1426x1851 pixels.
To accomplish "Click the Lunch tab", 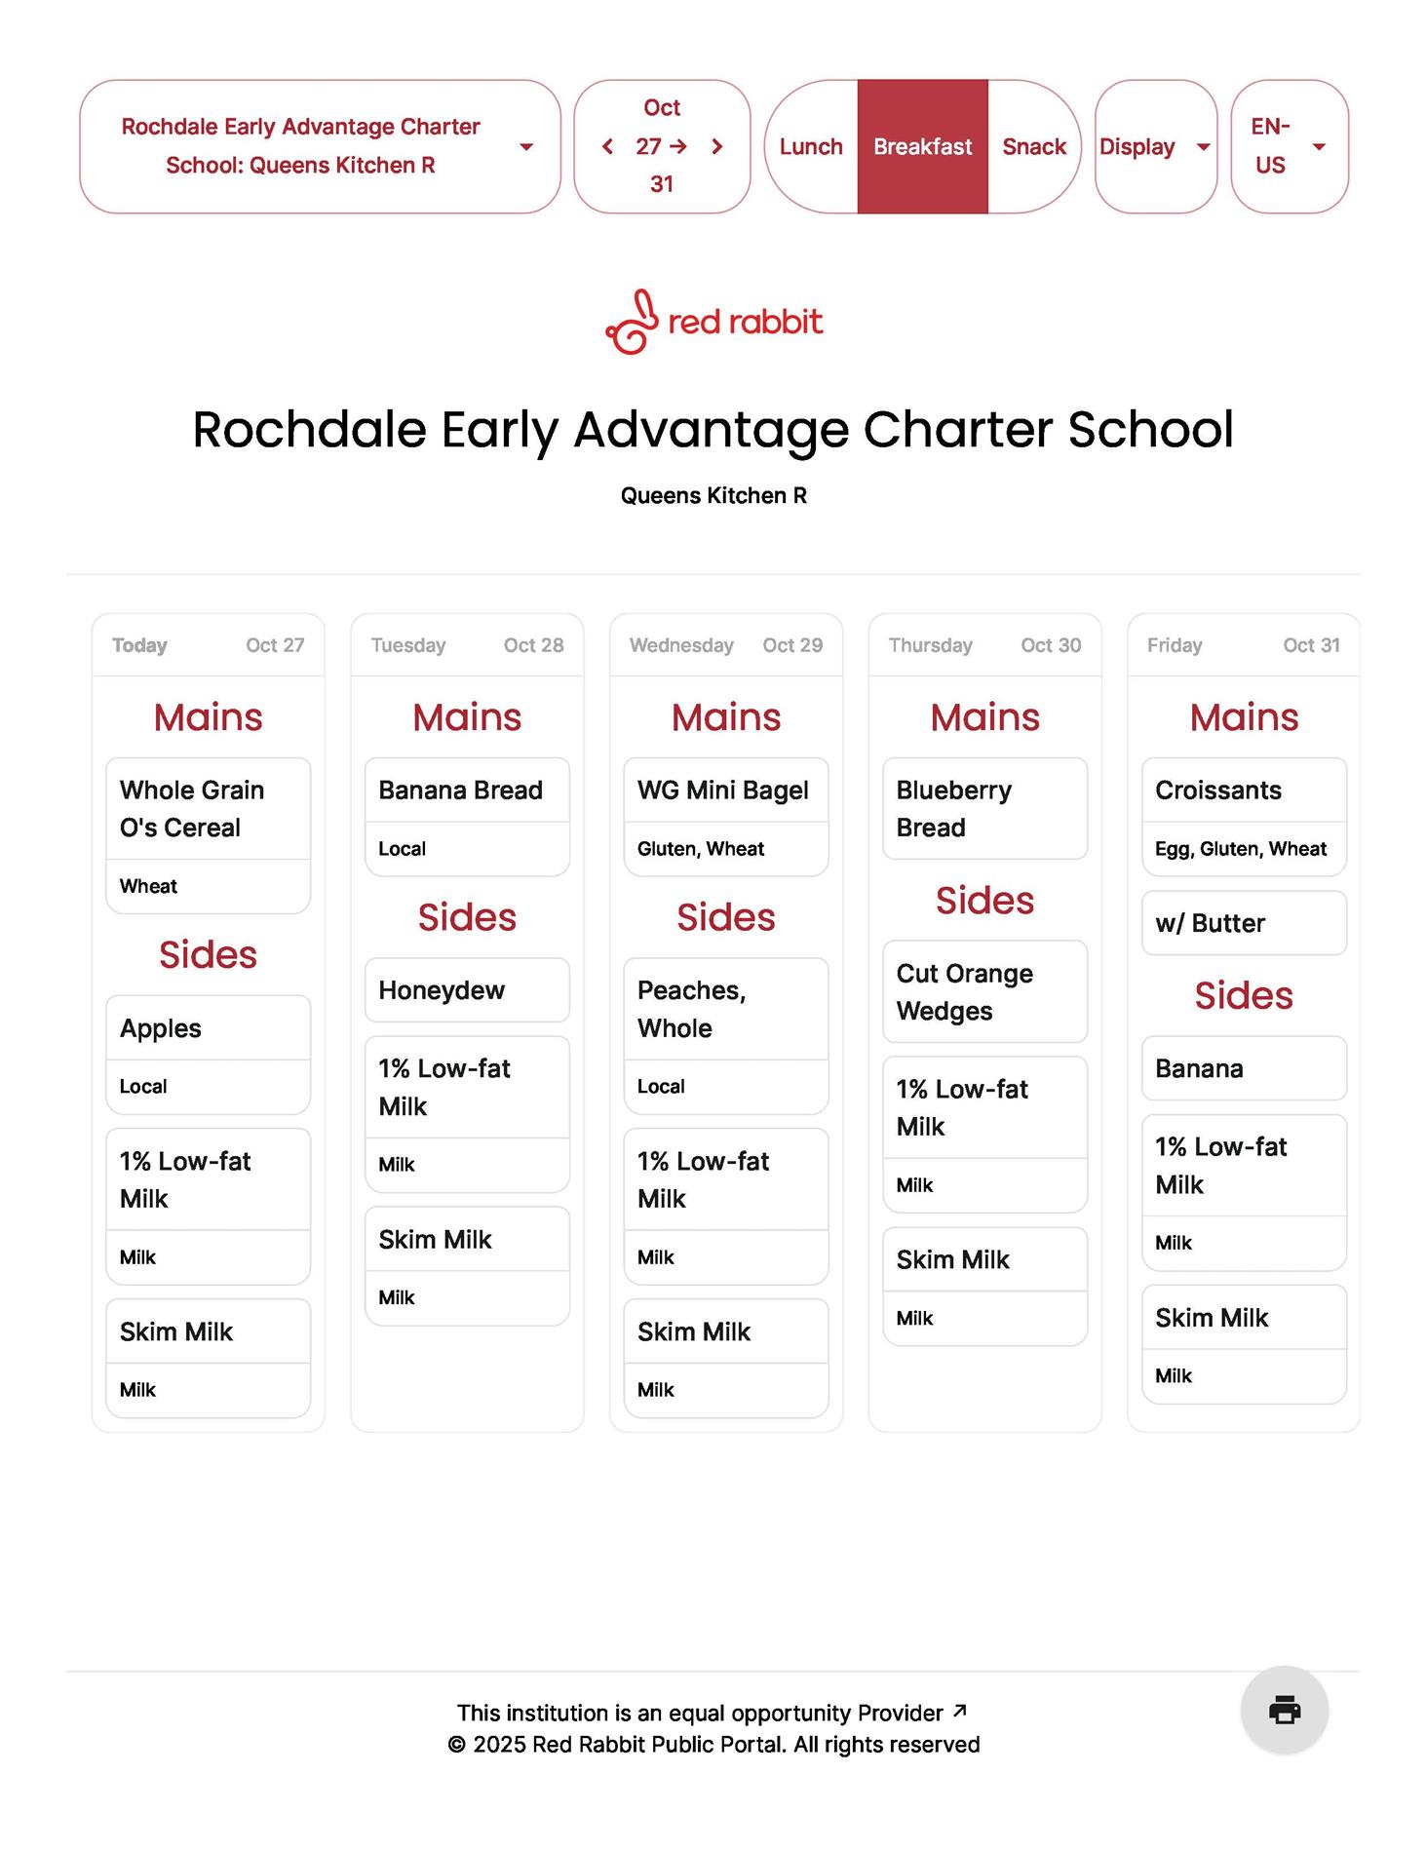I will [810, 146].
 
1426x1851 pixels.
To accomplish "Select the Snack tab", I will [1033, 146].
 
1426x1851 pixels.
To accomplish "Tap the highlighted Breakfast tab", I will [922, 146].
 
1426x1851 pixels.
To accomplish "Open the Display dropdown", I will [1155, 146].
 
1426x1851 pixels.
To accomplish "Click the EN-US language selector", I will [1289, 146].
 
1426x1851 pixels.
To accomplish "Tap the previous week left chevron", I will [608, 146].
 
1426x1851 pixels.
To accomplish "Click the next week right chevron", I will [717, 146].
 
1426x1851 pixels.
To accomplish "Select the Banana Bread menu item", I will [460, 791].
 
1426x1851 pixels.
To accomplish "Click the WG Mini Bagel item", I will [723, 791].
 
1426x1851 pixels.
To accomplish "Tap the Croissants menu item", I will [1218, 791].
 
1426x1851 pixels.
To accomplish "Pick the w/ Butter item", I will [1211, 923].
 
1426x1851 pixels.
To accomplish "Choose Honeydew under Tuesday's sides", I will [442, 990].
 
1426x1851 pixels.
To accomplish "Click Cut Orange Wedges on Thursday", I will [964, 991].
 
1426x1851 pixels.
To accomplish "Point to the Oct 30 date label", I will [1051, 645].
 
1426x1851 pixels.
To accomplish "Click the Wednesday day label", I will [681, 645].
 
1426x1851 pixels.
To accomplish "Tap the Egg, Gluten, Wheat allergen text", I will [1241, 849].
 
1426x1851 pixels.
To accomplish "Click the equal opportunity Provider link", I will [712, 1713].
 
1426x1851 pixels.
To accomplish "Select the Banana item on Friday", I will [1199, 1068].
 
